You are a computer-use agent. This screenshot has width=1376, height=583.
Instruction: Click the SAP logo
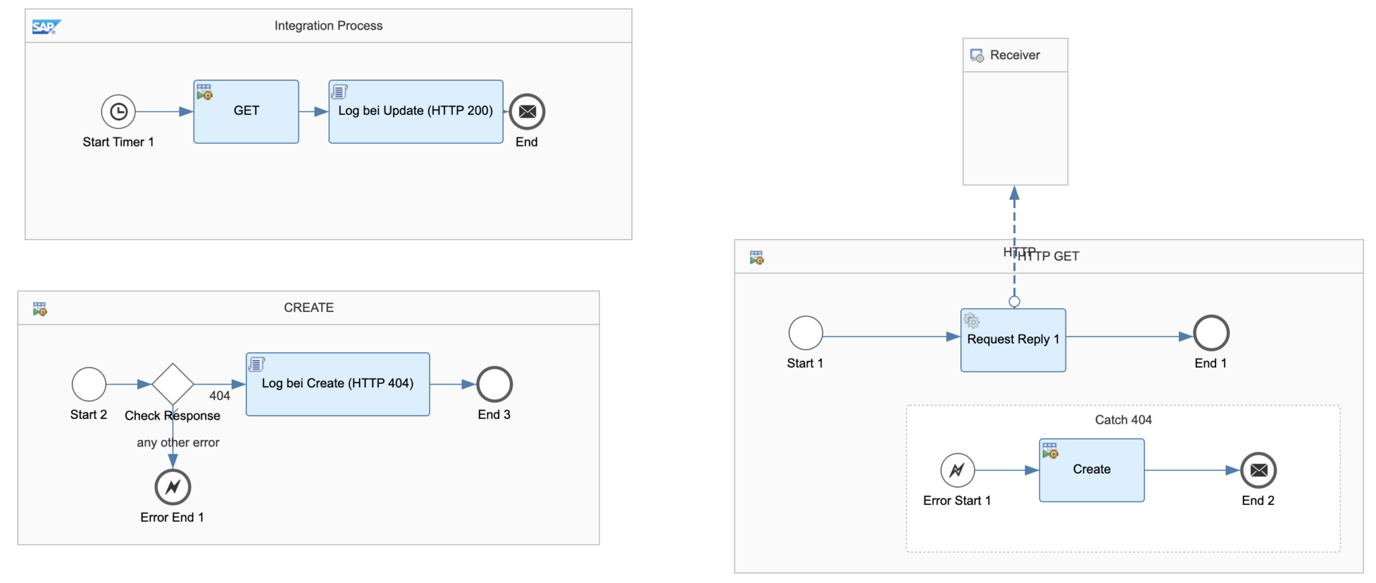tap(46, 27)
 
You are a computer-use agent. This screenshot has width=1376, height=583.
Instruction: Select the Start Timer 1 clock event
tap(118, 112)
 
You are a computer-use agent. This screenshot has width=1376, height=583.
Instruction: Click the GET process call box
tap(246, 112)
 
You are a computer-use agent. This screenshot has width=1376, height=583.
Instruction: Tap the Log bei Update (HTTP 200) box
tap(415, 112)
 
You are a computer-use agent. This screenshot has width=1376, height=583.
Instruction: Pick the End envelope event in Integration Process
tap(527, 112)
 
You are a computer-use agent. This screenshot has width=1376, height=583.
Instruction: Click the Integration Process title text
tap(329, 26)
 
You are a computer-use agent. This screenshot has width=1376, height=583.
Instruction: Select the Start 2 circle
tap(89, 385)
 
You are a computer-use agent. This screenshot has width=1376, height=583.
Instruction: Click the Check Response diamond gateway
tap(173, 385)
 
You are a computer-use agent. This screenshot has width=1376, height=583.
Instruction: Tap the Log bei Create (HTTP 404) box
tap(337, 384)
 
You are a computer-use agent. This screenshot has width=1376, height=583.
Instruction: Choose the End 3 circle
tap(494, 385)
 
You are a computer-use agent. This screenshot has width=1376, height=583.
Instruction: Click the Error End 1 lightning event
tap(173, 487)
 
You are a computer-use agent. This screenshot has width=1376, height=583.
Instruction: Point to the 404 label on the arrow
tap(220, 395)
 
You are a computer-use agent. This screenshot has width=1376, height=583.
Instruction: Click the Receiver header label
tap(1015, 55)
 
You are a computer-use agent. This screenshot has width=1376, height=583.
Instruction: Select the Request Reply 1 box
tap(1013, 340)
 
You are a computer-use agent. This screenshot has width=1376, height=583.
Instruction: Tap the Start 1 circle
tap(806, 333)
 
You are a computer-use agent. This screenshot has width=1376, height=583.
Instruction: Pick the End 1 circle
tap(1211, 333)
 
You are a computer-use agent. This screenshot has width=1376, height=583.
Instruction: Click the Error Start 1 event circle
tap(957, 470)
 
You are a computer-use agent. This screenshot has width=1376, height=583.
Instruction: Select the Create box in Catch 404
tap(1091, 470)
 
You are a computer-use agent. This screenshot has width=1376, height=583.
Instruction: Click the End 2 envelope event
tap(1258, 470)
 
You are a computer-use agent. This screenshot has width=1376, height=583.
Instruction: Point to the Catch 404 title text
tap(1123, 420)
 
